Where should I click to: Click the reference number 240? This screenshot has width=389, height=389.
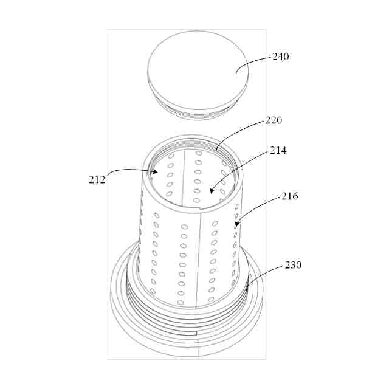281,57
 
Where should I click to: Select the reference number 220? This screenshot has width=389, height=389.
274,120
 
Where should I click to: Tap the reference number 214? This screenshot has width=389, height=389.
278,151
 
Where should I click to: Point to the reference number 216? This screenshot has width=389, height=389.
289,196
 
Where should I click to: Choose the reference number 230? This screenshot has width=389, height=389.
293,265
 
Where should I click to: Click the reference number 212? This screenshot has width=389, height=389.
97,180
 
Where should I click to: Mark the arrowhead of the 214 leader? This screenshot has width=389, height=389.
212,190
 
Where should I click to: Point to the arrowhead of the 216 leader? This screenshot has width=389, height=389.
237,224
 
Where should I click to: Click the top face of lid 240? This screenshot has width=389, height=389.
198,70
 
